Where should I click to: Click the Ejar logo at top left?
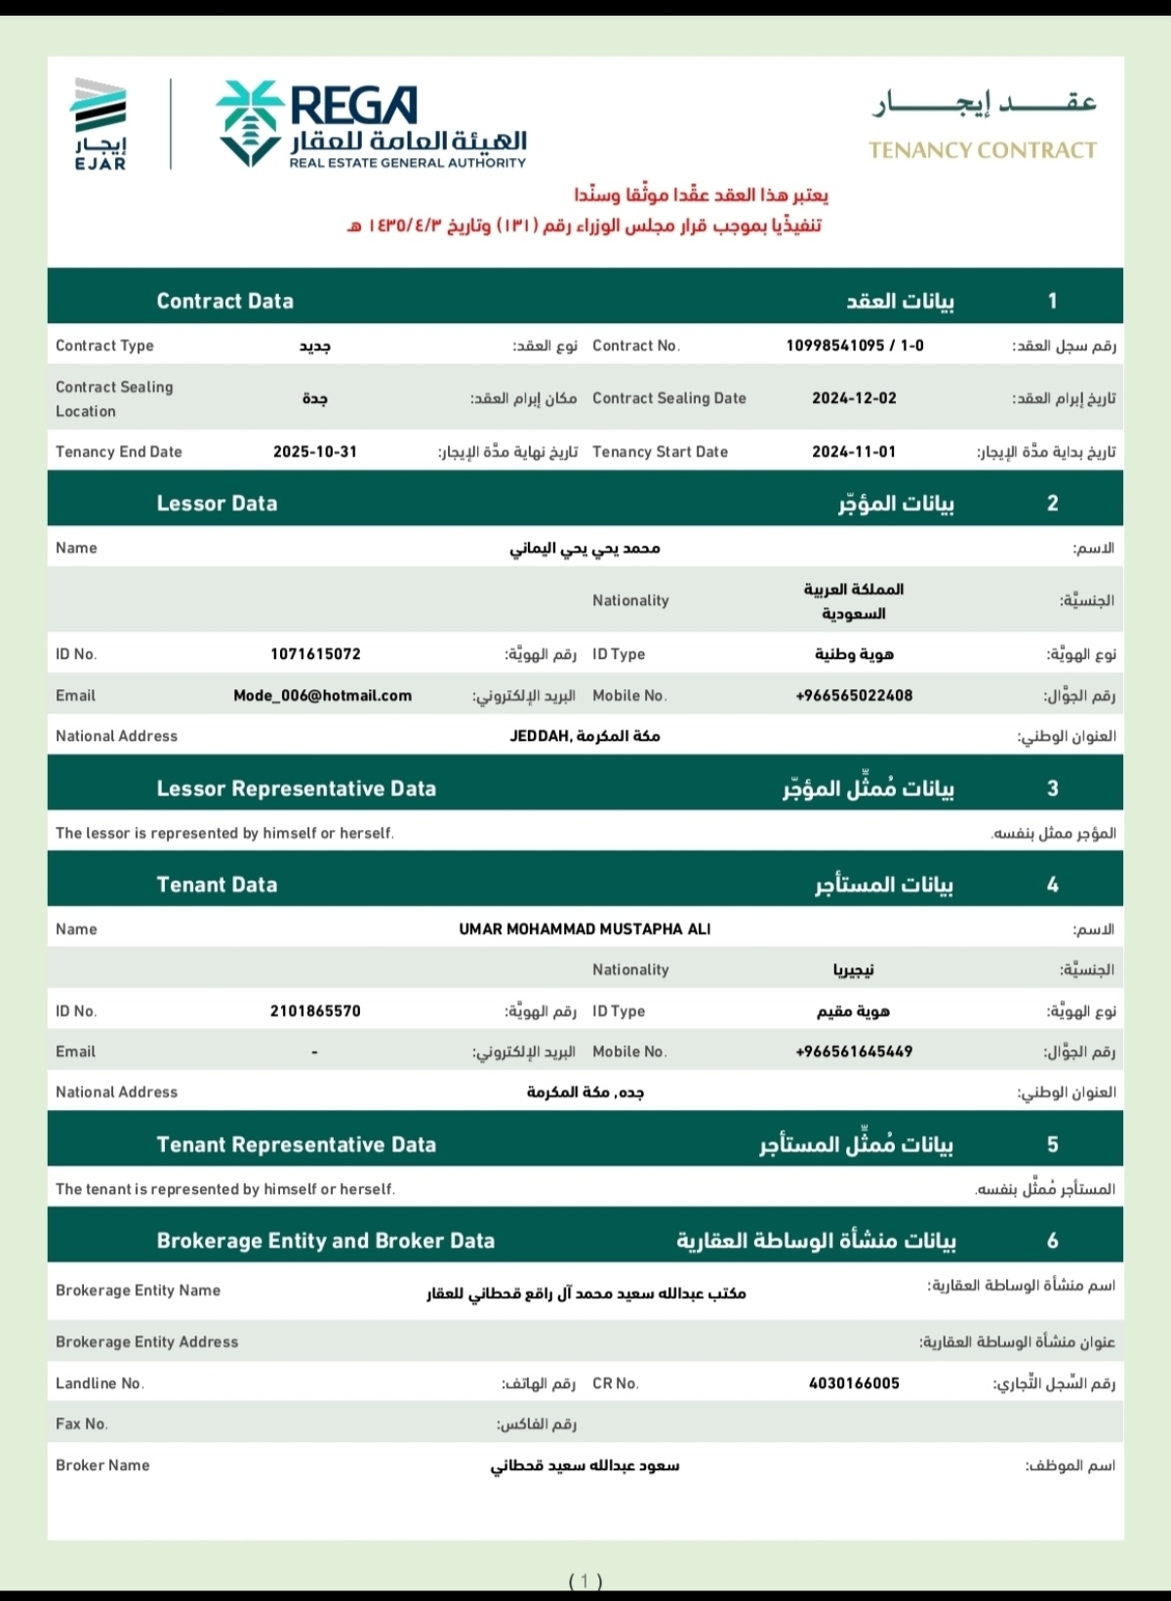101,123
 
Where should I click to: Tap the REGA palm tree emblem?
250,122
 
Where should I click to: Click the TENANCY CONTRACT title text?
982,150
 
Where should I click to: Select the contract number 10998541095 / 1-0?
854,346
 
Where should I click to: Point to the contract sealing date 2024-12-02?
854,398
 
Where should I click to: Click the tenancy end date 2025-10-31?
314,452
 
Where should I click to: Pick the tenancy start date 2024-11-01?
854,452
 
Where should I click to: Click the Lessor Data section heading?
217,504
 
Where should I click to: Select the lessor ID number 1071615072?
315,654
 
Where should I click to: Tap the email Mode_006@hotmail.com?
322,696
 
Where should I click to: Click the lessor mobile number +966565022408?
854,696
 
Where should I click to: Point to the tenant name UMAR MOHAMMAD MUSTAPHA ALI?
585,929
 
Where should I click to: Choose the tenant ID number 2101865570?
315,1011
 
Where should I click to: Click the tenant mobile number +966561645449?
854,1052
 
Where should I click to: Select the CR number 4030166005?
854,1383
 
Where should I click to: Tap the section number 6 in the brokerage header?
1052,1241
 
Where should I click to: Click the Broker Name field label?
102,1465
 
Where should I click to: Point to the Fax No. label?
82,1424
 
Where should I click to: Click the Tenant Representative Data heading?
296,1145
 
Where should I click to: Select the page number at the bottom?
585,1580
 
